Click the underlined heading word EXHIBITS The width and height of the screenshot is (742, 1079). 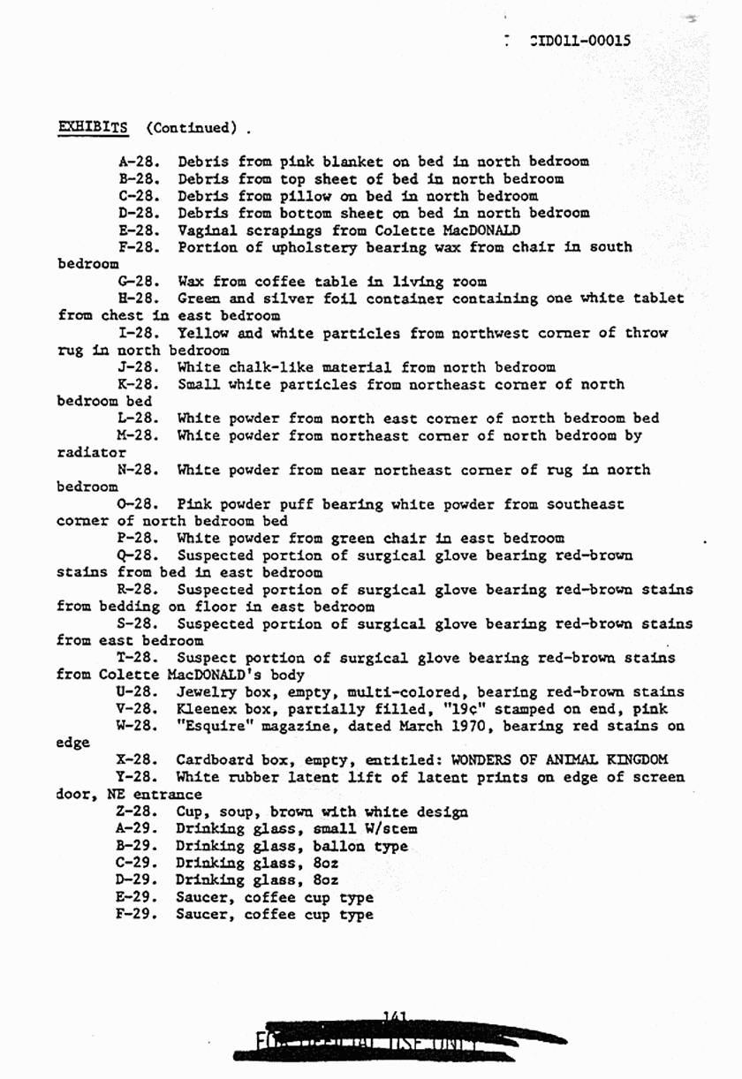[x=93, y=127]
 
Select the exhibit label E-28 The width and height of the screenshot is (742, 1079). [x=138, y=230]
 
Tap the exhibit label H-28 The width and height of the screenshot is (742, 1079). [x=138, y=298]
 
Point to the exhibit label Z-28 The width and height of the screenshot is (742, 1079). [x=137, y=812]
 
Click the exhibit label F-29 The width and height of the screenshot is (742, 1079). [x=137, y=915]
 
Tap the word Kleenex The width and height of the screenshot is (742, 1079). [x=207, y=709]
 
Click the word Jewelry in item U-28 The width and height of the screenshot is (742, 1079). [x=207, y=692]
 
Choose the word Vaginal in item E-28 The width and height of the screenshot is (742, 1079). [x=207, y=230]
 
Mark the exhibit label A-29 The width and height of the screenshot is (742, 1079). [x=137, y=829]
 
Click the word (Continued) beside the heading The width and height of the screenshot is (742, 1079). [x=192, y=128]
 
